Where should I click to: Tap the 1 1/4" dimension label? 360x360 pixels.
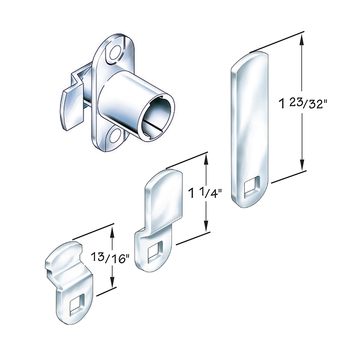[x=205, y=193]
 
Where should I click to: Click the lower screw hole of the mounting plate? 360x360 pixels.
[x=114, y=135]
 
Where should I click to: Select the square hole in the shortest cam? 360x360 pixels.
[x=77, y=305]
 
